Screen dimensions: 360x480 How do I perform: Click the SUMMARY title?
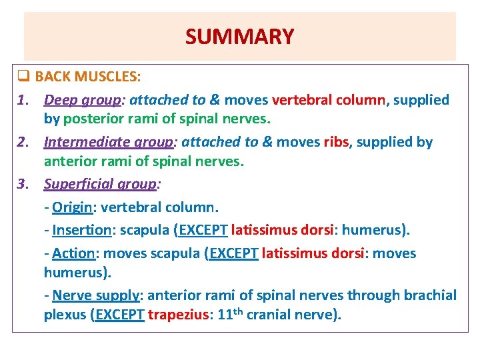click(x=239, y=36)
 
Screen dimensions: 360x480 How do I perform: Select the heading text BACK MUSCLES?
click(x=87, y=77)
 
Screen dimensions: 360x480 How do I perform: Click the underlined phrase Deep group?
click(x=83, y=100)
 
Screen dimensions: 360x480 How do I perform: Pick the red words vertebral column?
click(x=329, y=100)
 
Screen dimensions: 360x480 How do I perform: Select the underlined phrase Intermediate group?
click(x=107, y=142)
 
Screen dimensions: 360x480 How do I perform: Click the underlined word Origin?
click(x=72, y=207)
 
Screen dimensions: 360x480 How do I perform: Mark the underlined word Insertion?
click(x=81, y=230)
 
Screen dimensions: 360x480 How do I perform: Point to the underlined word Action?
click(x=73, y=253)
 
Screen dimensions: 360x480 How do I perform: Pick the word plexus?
click(x=64, y=315)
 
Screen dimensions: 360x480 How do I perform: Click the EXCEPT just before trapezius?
click(x=120, y=315)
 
